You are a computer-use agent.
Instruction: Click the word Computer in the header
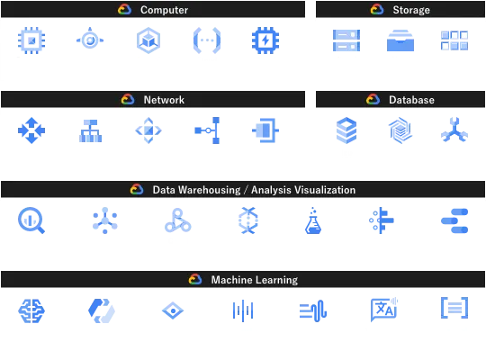pyautogui.click(x=164, y=10)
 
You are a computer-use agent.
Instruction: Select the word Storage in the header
pyautogui.click(x=411, y=10)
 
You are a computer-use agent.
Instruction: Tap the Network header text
pyautogui.click(x=164, y=100)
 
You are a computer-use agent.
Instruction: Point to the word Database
pyautogui.click(x=411, y=100)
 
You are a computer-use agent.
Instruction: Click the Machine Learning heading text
pyautogui.click(x=255, y=280)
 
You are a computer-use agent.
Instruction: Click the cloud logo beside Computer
pyautogui.click(x=124, y=10)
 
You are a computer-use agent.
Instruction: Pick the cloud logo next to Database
pyautogui.click(x=373, y=100)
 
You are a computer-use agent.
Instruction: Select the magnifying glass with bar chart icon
pyautogui.click(x=31, y=220)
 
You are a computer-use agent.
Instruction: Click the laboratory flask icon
pyautogui.click(x=313, y=220)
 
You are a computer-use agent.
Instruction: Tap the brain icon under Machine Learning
pyautogui.click(x=31, y=310)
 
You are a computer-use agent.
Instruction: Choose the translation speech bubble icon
pyautogui.click(x=384, y=309)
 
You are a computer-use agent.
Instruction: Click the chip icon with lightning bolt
pyautogui.click(x=265, y=40)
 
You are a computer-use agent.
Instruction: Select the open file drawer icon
pyautogui.click(x=400, y=40)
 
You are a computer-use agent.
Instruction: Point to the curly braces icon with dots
pyautogui.click(x=207, y=40)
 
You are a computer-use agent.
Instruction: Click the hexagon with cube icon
pyautogui.click(x=148, y=40)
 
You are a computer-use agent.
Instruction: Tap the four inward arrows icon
pyautogui.click(x=31, y=130)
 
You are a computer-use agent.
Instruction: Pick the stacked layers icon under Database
pyautogui.click(x=346, y=130)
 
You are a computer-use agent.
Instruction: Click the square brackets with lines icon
pyautogui.click(x=454, y=308)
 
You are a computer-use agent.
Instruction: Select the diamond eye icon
pyautogui.click(x=173, y=310)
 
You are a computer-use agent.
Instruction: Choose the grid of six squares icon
pyautogui.click(x=454, y=40)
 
